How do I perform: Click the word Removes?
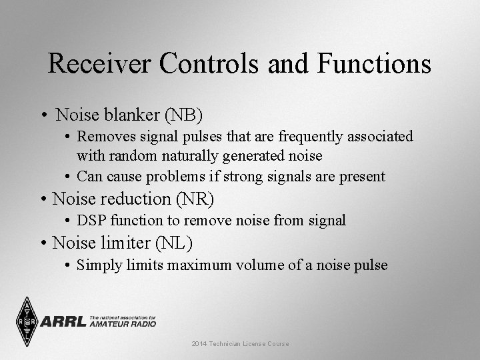[103, 137]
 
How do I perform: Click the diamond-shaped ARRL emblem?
[27, 322]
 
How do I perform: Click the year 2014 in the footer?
[199, 343]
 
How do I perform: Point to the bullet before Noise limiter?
[43, 243]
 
